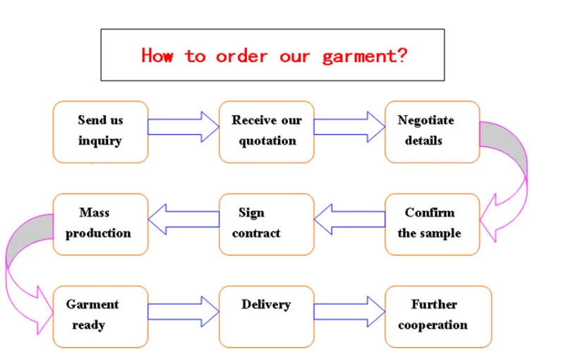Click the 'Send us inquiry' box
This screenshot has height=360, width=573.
(x=100, y=132)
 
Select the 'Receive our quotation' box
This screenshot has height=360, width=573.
(x=267, y=132)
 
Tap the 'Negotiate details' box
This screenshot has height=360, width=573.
(x=433, y=132)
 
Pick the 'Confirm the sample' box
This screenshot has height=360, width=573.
(x=433, y=224)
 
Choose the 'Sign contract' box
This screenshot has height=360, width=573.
(x=267, y=224)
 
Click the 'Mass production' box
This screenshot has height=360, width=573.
(x=100, y=224)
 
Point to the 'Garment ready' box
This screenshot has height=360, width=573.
(x=100, y=317)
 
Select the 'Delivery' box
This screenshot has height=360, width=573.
(x=267, y=317)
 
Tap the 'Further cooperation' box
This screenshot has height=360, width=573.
(x=438, y=317)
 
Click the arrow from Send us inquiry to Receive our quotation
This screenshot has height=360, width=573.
(x=183, y=127)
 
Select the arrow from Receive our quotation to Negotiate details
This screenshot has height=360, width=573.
(x=349, y=127)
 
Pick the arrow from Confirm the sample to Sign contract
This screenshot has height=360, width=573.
(x=350, y=220)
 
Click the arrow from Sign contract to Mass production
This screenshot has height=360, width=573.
(x=183, y=220)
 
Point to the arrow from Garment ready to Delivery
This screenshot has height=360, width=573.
(x=183, y=311)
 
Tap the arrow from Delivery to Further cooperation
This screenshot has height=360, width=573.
(x=349, y=311)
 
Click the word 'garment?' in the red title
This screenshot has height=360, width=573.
(x=365, y=56)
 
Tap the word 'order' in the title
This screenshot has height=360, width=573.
(x=241, y=56)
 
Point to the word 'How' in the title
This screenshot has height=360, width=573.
(x=157, y=56)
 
